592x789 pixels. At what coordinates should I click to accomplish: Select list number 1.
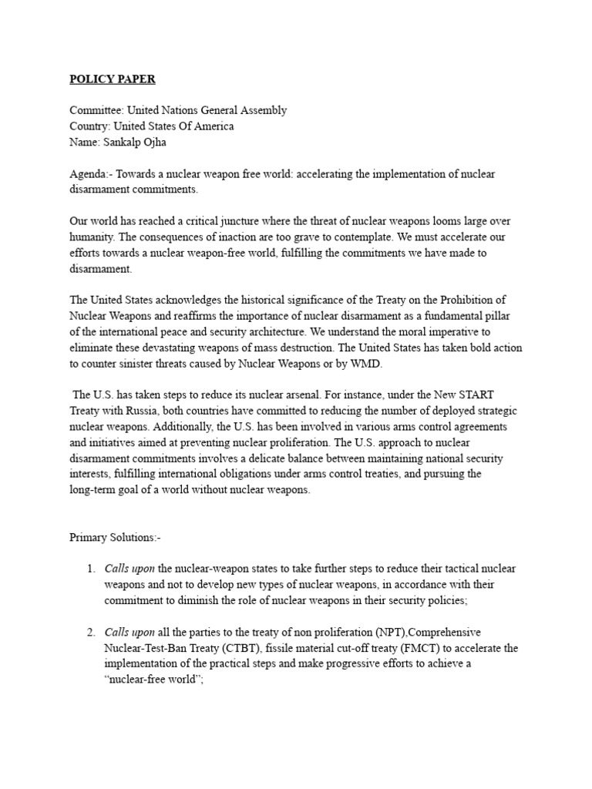tap(90, 569)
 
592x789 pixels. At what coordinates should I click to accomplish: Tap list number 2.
tap(90, 633)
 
